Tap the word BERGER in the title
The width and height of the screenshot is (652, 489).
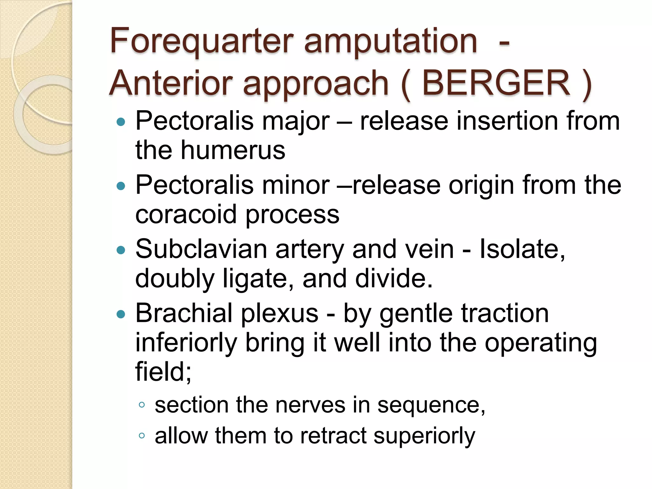click(x=496, y=83)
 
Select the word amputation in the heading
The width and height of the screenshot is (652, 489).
click(x=391, y=41)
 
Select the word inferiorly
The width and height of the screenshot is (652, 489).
click(x=186, y=343)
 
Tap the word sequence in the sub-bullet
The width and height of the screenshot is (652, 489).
click(x=431, y=406)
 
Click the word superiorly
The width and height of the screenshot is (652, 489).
click(x=424, y=436)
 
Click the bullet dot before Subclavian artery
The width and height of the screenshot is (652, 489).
click(x=121, y=250)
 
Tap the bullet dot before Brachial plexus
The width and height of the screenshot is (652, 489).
click(x=121, y=315)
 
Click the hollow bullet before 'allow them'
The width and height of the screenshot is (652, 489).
click(x=142, y=436)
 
